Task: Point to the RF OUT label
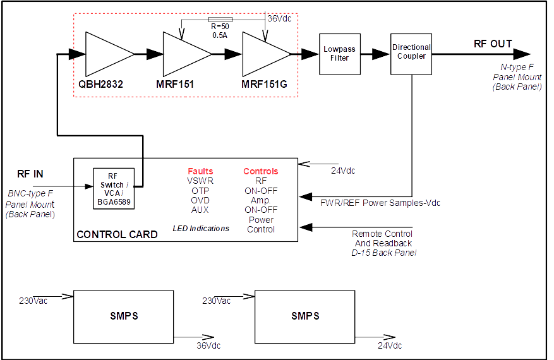(493, 44)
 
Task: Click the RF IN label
(30, 174)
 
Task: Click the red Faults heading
(200, 171)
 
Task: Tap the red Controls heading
(260, 171)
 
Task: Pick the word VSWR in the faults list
(200, 181)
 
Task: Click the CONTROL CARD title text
(117, 234)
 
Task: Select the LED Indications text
(201, 228)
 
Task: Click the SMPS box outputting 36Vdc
(124, 316)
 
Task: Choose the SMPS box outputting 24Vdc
(305, 316)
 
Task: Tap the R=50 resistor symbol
(220, 20)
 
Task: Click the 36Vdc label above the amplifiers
(280, 19)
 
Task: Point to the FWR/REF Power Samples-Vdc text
(380, 203)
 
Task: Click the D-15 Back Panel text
(383, 253)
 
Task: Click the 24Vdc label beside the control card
(343, 171)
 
